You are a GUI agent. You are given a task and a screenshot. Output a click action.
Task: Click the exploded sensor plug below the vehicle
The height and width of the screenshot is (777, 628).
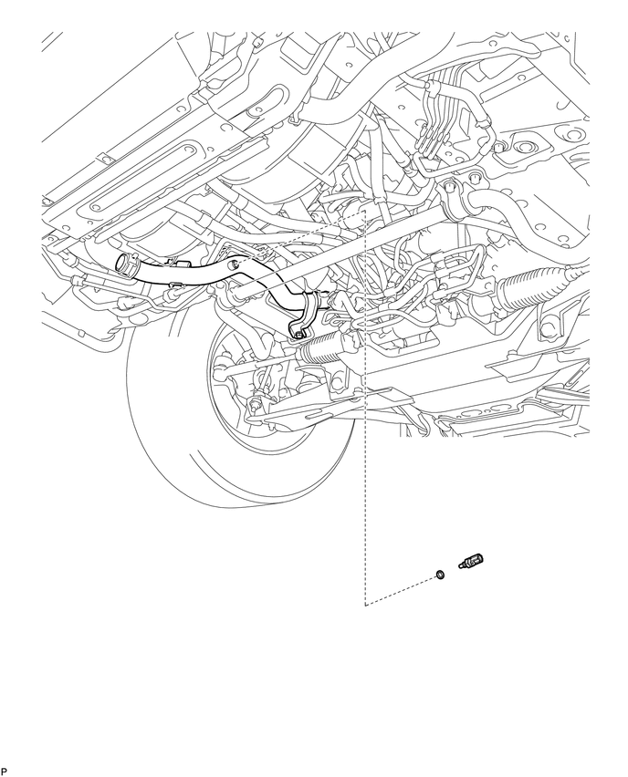coord(471,563)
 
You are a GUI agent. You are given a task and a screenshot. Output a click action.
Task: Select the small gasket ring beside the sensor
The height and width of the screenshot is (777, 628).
coord(439,575)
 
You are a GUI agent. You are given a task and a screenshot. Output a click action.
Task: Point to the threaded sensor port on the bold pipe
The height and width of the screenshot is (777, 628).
coord(235,264)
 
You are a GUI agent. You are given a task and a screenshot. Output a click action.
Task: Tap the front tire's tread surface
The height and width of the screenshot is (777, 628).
coord(163,446)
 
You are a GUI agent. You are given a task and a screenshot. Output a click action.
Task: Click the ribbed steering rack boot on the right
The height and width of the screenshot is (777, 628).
coord(534,282)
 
